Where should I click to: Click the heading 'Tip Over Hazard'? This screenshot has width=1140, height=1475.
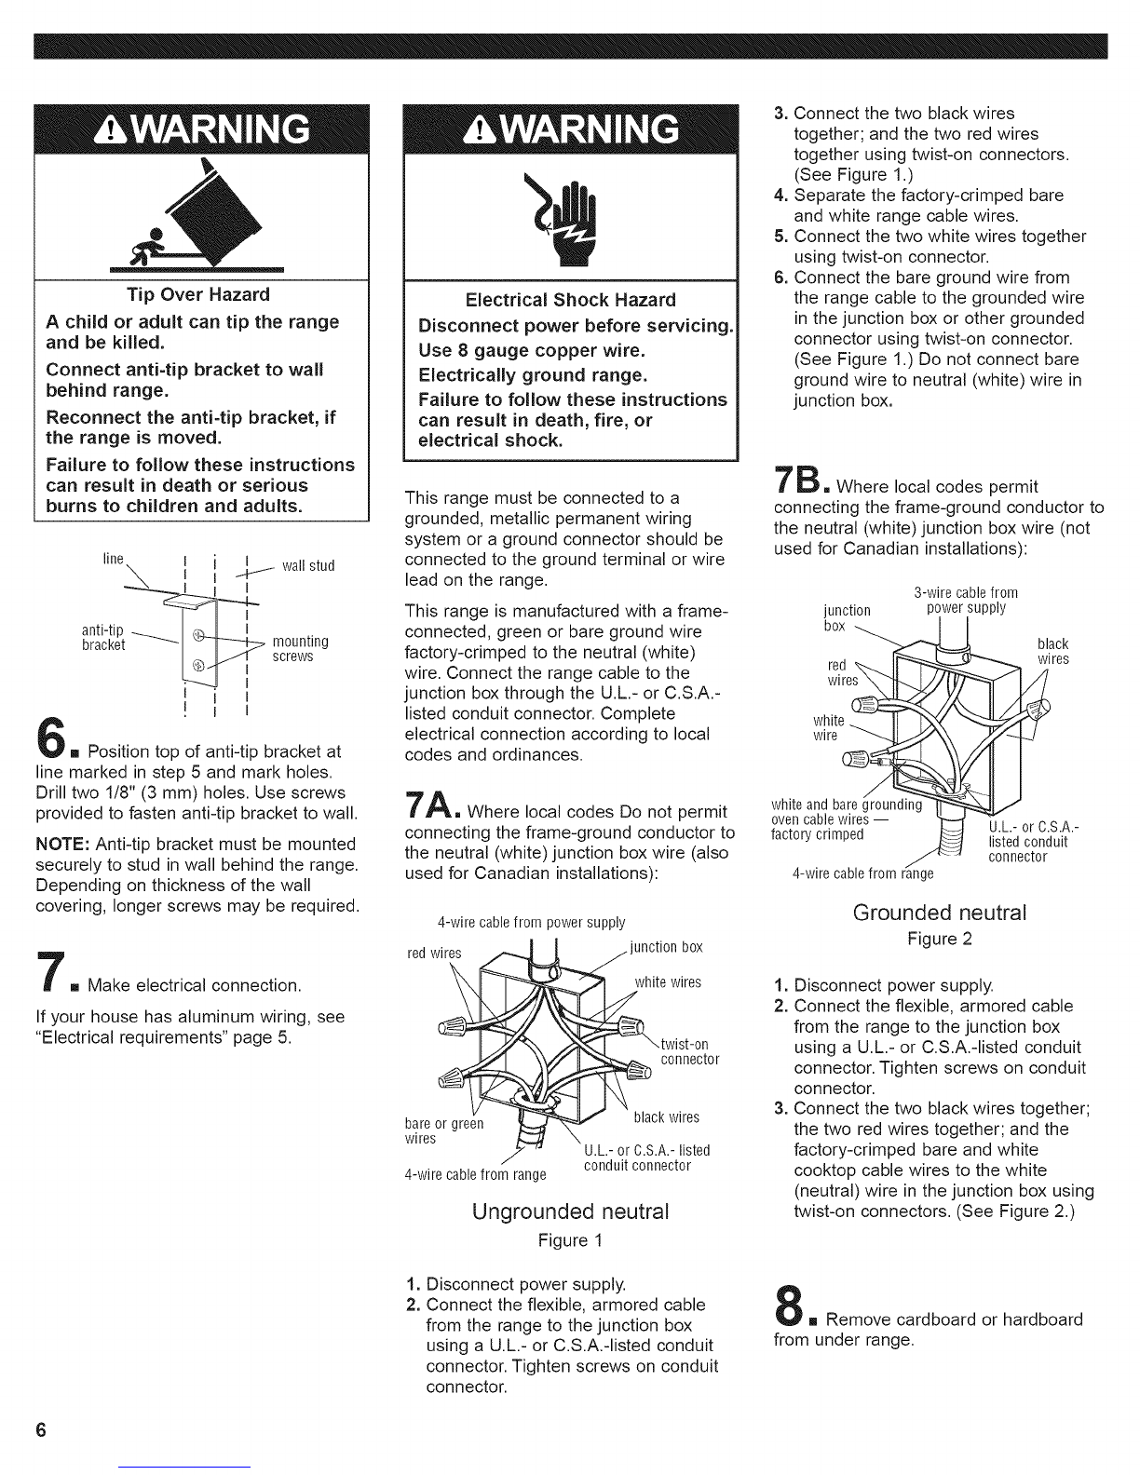click(198, 295)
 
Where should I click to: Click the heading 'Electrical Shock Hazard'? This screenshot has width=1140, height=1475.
click(570, 300)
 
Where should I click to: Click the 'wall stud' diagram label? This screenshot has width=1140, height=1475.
click(307, 566)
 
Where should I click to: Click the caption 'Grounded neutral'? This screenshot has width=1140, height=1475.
click(940, 913)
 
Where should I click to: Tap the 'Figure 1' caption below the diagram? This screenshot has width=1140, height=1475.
click(570, 1241)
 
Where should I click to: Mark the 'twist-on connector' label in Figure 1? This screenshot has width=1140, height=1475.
click(688, 1051)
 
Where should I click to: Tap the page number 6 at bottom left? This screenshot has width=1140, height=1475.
click(41, 1429)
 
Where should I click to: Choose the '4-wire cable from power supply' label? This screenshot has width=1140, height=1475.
click(531, 924)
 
